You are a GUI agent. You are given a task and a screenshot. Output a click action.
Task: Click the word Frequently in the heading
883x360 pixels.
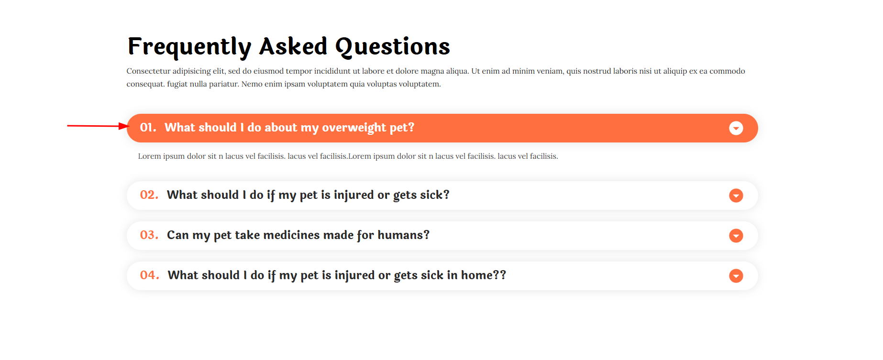tap(189, 47)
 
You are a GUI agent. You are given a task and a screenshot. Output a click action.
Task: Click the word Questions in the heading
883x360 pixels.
tap(392, 47)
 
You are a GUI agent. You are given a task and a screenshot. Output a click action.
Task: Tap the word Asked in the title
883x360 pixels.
tap(293, 46)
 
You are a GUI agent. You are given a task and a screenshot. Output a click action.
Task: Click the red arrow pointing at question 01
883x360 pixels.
tap(98, 126)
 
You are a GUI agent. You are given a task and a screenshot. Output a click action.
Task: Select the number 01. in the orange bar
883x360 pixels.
tap(148, 128)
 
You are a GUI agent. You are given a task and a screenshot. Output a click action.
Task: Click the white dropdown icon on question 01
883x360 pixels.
tap(736, 128)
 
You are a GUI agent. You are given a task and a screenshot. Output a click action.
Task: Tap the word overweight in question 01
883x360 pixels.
tap(354, 128)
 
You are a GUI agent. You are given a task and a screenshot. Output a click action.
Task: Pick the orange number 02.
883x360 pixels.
tap(149, 195)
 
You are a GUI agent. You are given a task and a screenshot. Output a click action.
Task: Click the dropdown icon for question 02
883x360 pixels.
tap(736, 196)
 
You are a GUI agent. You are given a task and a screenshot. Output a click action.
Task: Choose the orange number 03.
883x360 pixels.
tap(149, 235)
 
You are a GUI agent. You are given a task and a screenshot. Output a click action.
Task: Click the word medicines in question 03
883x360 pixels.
tap(291, 235)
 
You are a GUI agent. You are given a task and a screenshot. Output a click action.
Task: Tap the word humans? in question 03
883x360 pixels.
tap(403, 235)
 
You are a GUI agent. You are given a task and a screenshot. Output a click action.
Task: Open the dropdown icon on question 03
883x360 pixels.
tap(736, 236)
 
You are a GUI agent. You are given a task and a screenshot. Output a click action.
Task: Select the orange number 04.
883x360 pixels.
tap(149, 275)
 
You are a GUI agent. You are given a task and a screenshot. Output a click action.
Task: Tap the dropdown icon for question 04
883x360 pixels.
tap(736, 276)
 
